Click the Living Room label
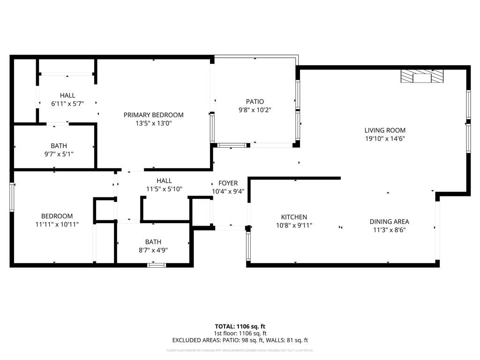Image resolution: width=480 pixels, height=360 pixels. point(385,130)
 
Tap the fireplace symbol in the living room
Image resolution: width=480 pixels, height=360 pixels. point(421,76)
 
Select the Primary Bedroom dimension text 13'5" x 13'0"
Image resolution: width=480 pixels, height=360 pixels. point(153,123)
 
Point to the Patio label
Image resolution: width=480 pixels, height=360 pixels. point(255,102)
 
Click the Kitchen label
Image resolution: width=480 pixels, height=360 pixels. point(294,217)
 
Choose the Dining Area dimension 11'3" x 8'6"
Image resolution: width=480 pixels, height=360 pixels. point(389,230)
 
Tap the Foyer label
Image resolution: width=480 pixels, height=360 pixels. point(228,183)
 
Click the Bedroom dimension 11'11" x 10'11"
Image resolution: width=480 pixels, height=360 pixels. point(57,224)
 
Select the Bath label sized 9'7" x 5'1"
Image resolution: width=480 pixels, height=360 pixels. point(59,146)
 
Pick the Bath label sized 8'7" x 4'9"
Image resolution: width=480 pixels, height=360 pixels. point(153,242)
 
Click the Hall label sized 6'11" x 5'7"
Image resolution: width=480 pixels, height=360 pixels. point(67,96)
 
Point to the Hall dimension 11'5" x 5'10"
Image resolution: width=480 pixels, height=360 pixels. point(164,189)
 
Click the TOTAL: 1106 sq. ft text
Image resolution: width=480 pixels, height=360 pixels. point(240,326)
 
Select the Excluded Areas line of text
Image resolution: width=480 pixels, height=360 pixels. point(240,340)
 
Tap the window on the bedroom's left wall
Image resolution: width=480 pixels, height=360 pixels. point(12,197)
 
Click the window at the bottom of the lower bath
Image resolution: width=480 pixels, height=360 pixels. point(157,265)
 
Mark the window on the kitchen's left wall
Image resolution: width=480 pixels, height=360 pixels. point(248,246)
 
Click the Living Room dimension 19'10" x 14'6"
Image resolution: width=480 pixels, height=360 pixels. point(385,139)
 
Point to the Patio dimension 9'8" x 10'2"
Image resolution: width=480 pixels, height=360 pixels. point(255,110)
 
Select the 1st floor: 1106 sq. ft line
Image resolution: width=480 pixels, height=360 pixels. point(240,333)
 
